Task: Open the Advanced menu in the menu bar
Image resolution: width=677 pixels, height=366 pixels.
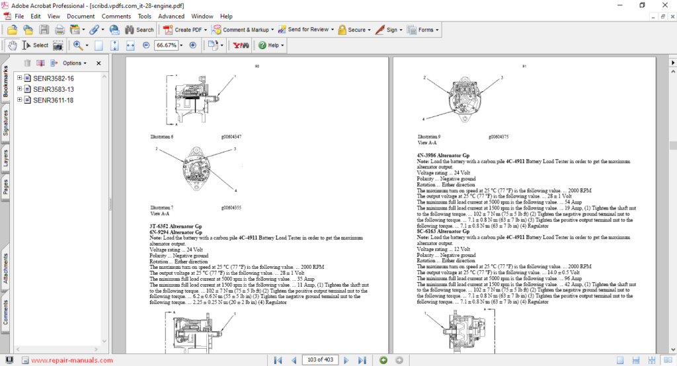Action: click(x=171, y=16)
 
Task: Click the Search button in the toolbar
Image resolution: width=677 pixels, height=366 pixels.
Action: click(x=139, y=30)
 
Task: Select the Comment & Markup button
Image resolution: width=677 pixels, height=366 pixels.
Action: click(x=241, y=30)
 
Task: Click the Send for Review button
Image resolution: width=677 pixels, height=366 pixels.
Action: click(x=303, y=30)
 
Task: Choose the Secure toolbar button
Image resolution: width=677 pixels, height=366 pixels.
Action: click(x=352, y=30)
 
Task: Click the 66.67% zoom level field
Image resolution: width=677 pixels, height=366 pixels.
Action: click(x=166, y=46)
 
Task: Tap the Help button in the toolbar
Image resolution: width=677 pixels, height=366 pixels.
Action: click(x=271, y=46)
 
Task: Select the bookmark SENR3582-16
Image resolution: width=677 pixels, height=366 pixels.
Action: click(x=53, y=78)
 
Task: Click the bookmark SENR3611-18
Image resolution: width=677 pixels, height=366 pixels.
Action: click(x=53, y=100)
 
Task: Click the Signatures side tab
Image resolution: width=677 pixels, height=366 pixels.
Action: click(x=6, y=122)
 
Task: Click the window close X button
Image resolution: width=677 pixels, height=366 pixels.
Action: click(x=663, y=5)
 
